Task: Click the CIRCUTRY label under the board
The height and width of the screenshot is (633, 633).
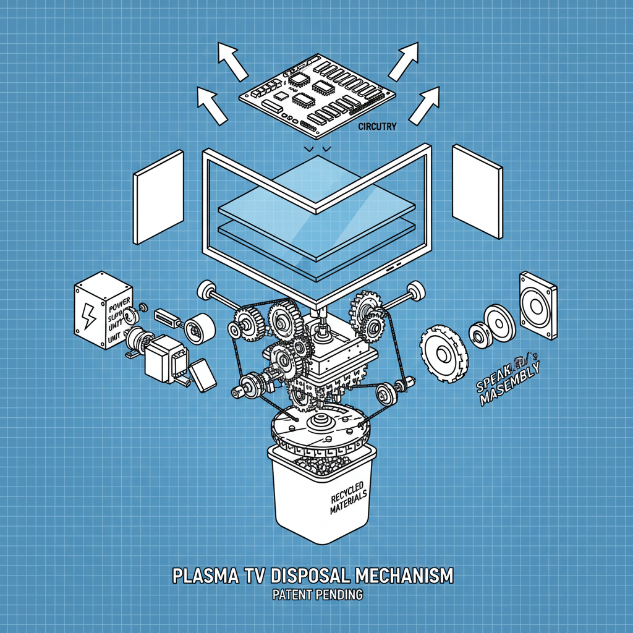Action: (377, 126)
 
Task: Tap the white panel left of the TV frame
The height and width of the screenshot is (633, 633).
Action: (158, 197)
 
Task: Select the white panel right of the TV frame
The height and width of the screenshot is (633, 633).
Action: (477, 192)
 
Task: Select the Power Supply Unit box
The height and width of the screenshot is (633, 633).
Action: (104, 314)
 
